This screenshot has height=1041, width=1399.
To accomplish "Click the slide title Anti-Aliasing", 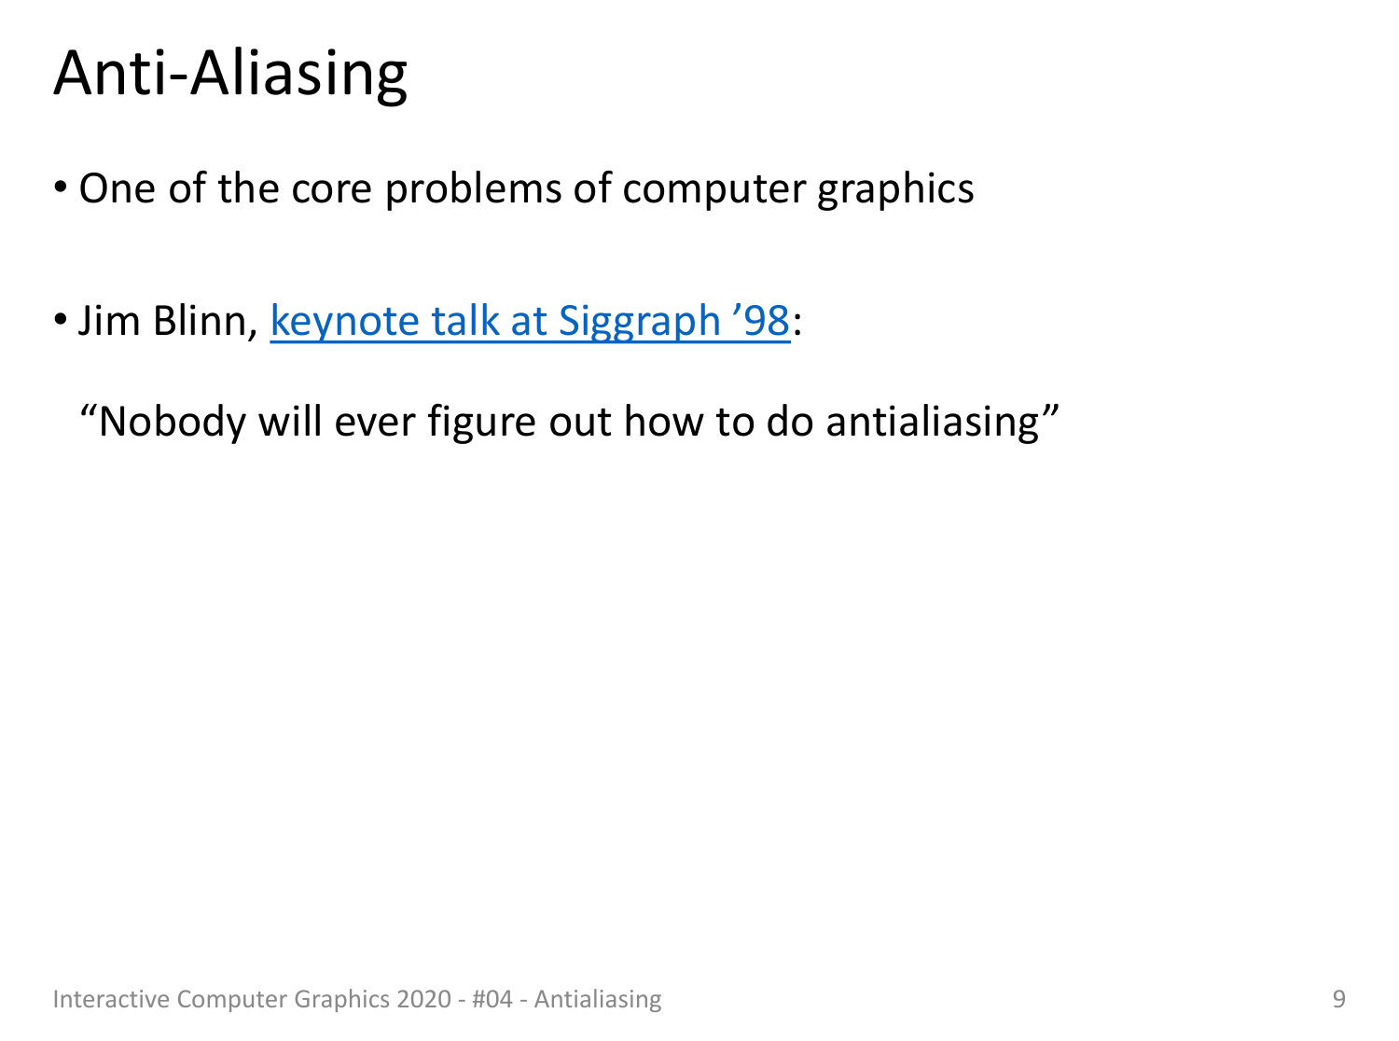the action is coord(230,75).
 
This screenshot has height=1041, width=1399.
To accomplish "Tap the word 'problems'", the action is coord(473,190).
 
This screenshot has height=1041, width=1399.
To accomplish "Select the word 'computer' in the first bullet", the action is coord(713,190).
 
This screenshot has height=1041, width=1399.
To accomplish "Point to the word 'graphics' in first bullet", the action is coord(895,190).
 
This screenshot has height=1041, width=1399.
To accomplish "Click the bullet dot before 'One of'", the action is coord(61,187).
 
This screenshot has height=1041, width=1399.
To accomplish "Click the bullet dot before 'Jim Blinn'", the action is coord(61,319).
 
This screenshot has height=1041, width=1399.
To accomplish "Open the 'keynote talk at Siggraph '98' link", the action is coord(530,323).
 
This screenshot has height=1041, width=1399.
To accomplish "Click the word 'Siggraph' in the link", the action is coord(639,323).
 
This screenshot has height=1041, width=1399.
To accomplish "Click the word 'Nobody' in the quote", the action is coord(172,422).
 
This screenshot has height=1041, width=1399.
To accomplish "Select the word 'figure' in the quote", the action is coord(481,422).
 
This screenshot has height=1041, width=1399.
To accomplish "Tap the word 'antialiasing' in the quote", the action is coord(933,422).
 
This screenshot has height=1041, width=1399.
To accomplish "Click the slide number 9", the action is coord(1338,999).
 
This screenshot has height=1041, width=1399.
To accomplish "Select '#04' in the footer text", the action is coord(492,999).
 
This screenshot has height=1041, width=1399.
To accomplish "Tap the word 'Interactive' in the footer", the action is coord(111,999).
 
